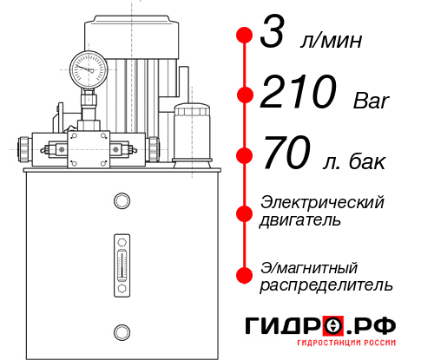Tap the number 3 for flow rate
click(273, 37)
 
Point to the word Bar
click(371, 101)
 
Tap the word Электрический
click(322, 202)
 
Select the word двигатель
click(300, 220)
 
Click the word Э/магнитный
click(309, 266)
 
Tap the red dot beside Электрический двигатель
click(245, 211)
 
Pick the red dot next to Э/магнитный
click(245, 274)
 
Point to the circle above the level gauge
click(121, 201)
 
